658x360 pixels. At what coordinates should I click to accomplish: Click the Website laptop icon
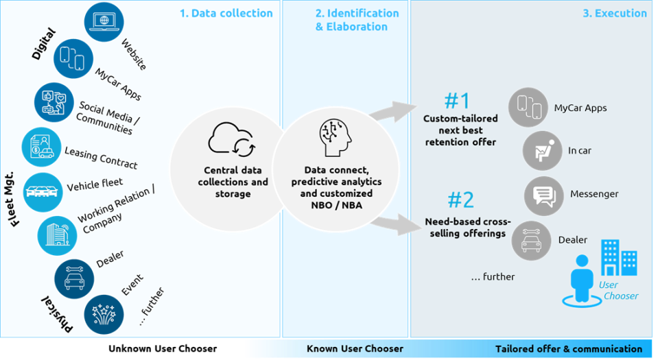click(104, 23)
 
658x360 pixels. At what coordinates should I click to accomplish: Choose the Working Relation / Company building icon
click(56, 233)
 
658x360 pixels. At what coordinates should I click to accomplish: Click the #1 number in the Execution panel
click(456, 101)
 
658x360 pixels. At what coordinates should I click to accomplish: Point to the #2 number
click(460, 200)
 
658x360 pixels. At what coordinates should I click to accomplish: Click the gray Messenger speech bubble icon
click(544, 195)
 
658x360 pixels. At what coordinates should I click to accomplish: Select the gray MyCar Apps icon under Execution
click(528, 108)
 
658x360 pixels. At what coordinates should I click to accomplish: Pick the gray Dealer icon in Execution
click(531, 239)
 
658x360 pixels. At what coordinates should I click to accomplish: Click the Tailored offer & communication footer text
click(569, 349)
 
